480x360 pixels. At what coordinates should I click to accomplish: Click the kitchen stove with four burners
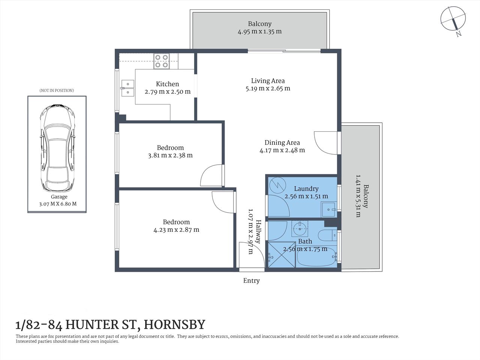tap(161, 61)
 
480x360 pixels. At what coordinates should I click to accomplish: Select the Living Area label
tap(268, 81)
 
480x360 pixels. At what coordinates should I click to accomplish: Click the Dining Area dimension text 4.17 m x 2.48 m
tap(282, 150)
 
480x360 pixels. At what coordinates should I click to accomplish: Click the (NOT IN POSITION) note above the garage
tap(57, 90)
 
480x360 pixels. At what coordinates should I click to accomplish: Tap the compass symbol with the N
tap(453, 19)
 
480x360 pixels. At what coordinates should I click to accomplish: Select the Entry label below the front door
tap(251, 280)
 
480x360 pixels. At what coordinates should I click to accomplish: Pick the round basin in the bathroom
tap(300, 228)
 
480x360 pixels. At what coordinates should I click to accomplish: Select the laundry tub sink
tap(329, 209)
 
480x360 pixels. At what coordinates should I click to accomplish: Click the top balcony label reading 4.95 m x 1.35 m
tap(259, 31)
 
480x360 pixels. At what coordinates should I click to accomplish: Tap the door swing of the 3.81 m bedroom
tap(212, 175)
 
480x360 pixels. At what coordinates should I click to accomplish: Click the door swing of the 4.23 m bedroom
tap(223, 202)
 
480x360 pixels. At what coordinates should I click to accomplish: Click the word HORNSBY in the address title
tap(174, 324)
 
